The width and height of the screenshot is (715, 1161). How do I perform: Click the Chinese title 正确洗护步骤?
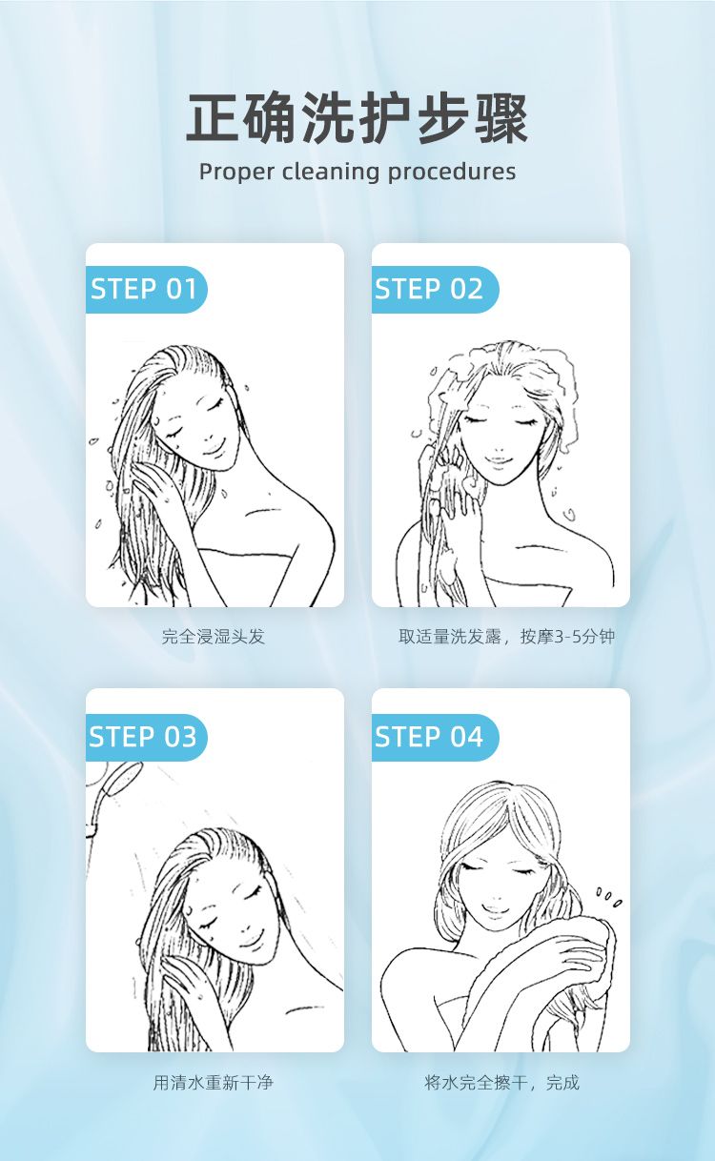pos(357,118)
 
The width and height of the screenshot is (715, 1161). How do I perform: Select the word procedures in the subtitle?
pos(452,172)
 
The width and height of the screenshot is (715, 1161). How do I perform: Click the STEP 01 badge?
pos(146,289)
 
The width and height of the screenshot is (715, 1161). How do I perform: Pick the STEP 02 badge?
pos(435,289)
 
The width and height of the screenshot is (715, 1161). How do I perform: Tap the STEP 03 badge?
pos(146,737)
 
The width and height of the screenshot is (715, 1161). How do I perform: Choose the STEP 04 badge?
pos(435,737)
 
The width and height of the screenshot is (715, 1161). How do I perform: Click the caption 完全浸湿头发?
pos(214,636)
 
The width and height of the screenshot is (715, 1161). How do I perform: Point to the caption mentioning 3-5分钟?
pos(506,636)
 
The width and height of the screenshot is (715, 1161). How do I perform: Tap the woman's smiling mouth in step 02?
pos(498,460)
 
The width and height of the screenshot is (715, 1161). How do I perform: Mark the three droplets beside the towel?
pos(608,898)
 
